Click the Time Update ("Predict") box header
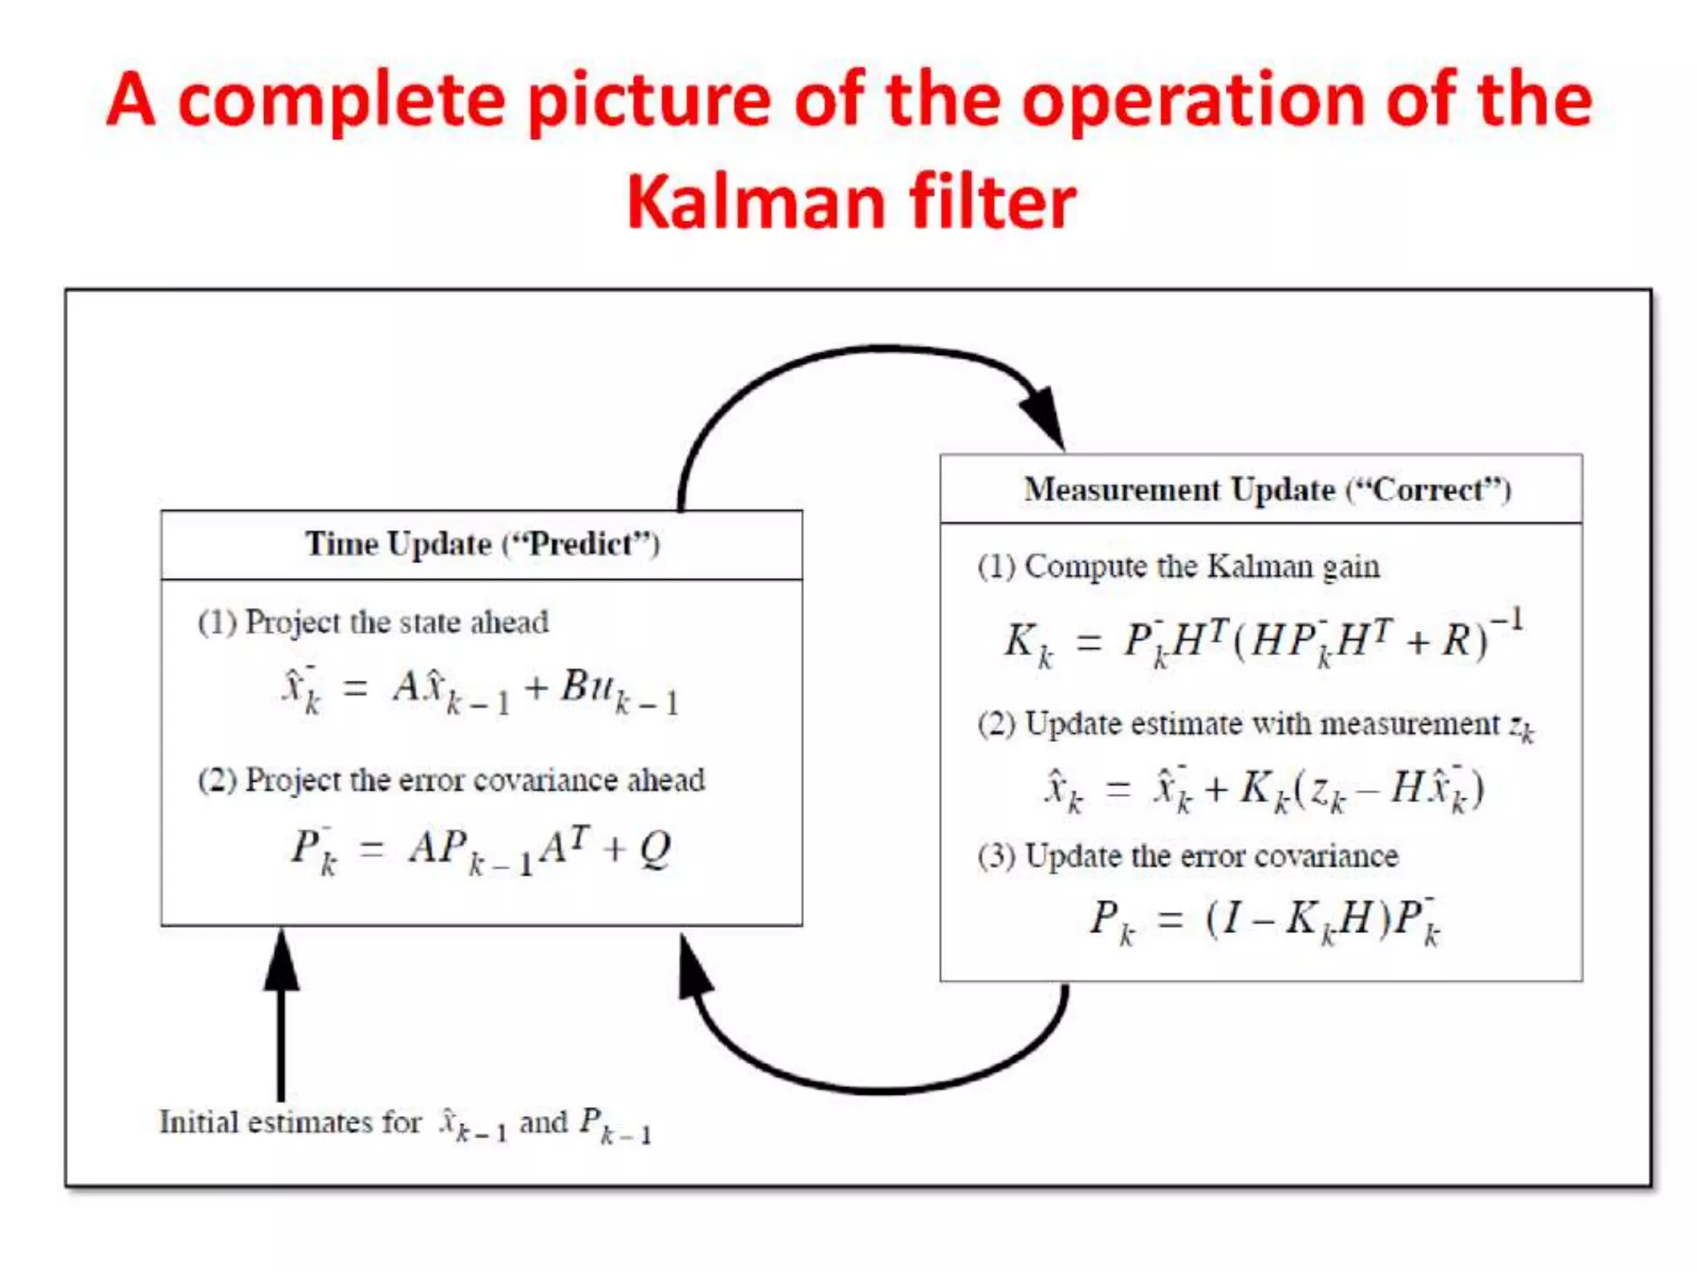(x=482, y=544)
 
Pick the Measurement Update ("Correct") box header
(x=1268, y=489)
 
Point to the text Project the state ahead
(x=396, y=623)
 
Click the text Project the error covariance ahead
(x=475, y=780)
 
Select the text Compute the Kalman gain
(x=1201, y=567)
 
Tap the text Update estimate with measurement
(x=1262, y=725)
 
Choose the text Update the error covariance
(x=1211, y=856)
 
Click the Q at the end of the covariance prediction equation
(x=655, y=849)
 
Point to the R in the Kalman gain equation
(x=1456, y=640)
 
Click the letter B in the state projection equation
(x=574, y=686)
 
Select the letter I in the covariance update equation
(x=1232, y=918)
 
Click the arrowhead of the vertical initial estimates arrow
(x=282, y=961)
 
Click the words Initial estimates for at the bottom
(x=290, y=1123)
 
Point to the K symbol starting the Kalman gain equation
(x=1021, y=640)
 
